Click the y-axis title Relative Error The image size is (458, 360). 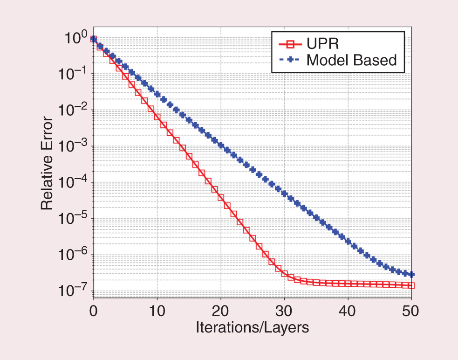tap(47, 166)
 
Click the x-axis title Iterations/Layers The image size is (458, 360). tap(252, 327)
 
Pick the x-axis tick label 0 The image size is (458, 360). tap(93, 310)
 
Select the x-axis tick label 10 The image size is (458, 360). tap(157, 310)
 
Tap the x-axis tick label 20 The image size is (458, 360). tap(220, 310)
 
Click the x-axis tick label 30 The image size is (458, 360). tap(284, 310)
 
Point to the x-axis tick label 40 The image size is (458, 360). tap(348, 310)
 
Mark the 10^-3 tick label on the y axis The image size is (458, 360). tap(72, 147)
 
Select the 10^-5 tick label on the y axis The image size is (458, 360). tap(72, 219)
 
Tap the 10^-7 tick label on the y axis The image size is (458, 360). tap(72, 291)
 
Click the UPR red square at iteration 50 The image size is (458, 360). tap(411, 285)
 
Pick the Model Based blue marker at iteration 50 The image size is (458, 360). tap(411, 275)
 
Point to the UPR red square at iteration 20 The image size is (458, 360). tap(220, 197)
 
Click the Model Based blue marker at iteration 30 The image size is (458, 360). tap(284, 194)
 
